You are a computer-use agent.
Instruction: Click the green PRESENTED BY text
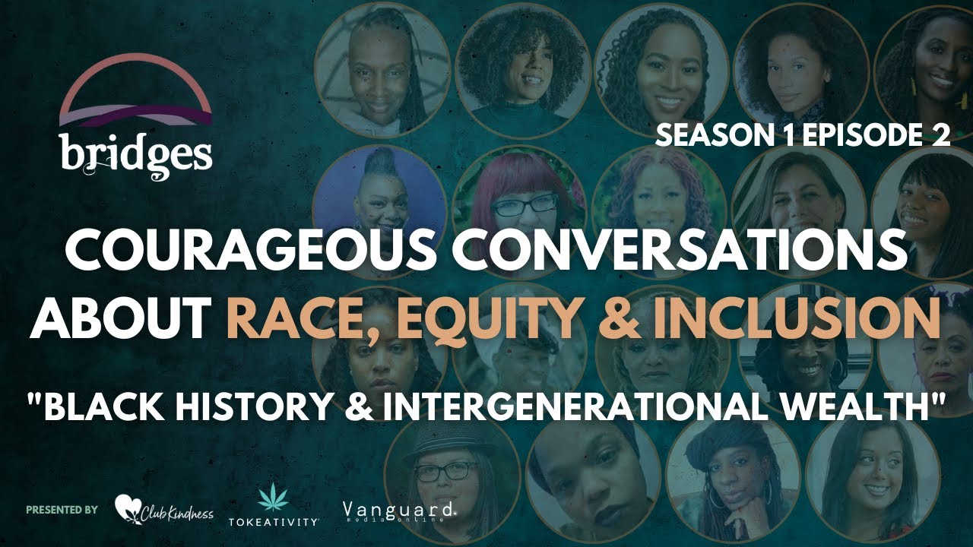[62, 509]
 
